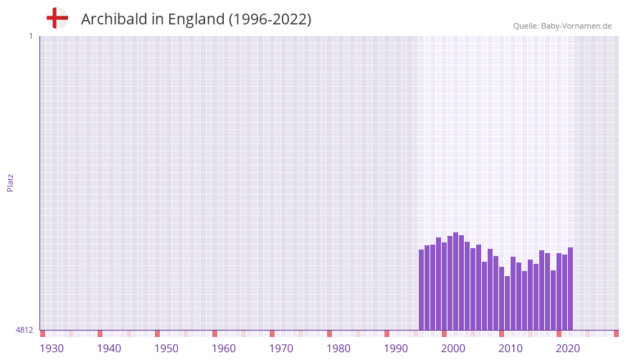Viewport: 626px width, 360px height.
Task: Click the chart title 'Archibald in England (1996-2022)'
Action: click(x=196, y=19)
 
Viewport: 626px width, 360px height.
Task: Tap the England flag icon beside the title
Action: click(x=57, y=18)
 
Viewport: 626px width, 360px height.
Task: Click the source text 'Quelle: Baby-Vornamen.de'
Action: click(x=562, y=26)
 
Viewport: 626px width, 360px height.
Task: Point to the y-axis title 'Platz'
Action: click(x=10, y=182)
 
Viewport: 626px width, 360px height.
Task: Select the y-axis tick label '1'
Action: click(x=30, y=36)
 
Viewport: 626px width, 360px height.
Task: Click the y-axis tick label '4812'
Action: click(x=24, y=330)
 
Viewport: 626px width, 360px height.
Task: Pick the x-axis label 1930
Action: click(x=52, y=349)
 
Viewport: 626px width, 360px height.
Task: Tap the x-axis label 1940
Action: click(x=109, y=349)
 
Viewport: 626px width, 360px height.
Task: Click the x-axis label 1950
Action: click(x=166, y=349)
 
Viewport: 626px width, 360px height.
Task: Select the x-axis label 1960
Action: click(x=224, y=349)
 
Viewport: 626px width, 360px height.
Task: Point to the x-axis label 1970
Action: click(x=281, y=349)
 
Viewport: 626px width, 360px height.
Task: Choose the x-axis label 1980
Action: click(x=338, y=349)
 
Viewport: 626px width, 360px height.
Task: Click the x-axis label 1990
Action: click(x=396, y=349)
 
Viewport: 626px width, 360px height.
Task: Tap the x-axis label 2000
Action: click(x=453, y=349)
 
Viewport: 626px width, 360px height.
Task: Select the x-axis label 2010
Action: click(x=511, y=349)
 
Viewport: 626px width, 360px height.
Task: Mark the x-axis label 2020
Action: click(x=568, y=349)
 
